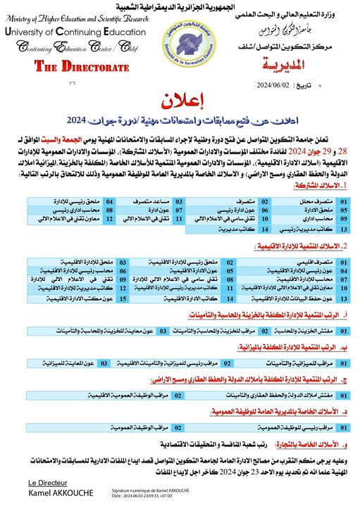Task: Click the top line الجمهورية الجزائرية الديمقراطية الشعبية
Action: coord(180,6)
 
